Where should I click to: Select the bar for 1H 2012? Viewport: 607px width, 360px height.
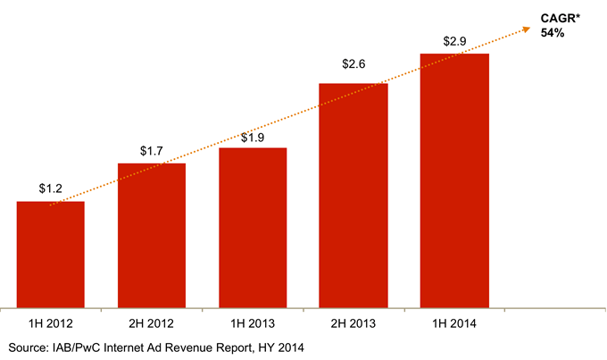51,254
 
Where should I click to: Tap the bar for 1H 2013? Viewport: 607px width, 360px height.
253,227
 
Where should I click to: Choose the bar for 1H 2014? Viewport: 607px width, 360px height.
454,180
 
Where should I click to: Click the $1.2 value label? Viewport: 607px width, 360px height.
51,188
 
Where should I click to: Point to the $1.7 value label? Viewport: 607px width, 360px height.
152,151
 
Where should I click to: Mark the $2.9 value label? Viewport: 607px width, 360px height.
454,41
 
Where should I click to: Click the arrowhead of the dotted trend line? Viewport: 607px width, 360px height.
536,23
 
